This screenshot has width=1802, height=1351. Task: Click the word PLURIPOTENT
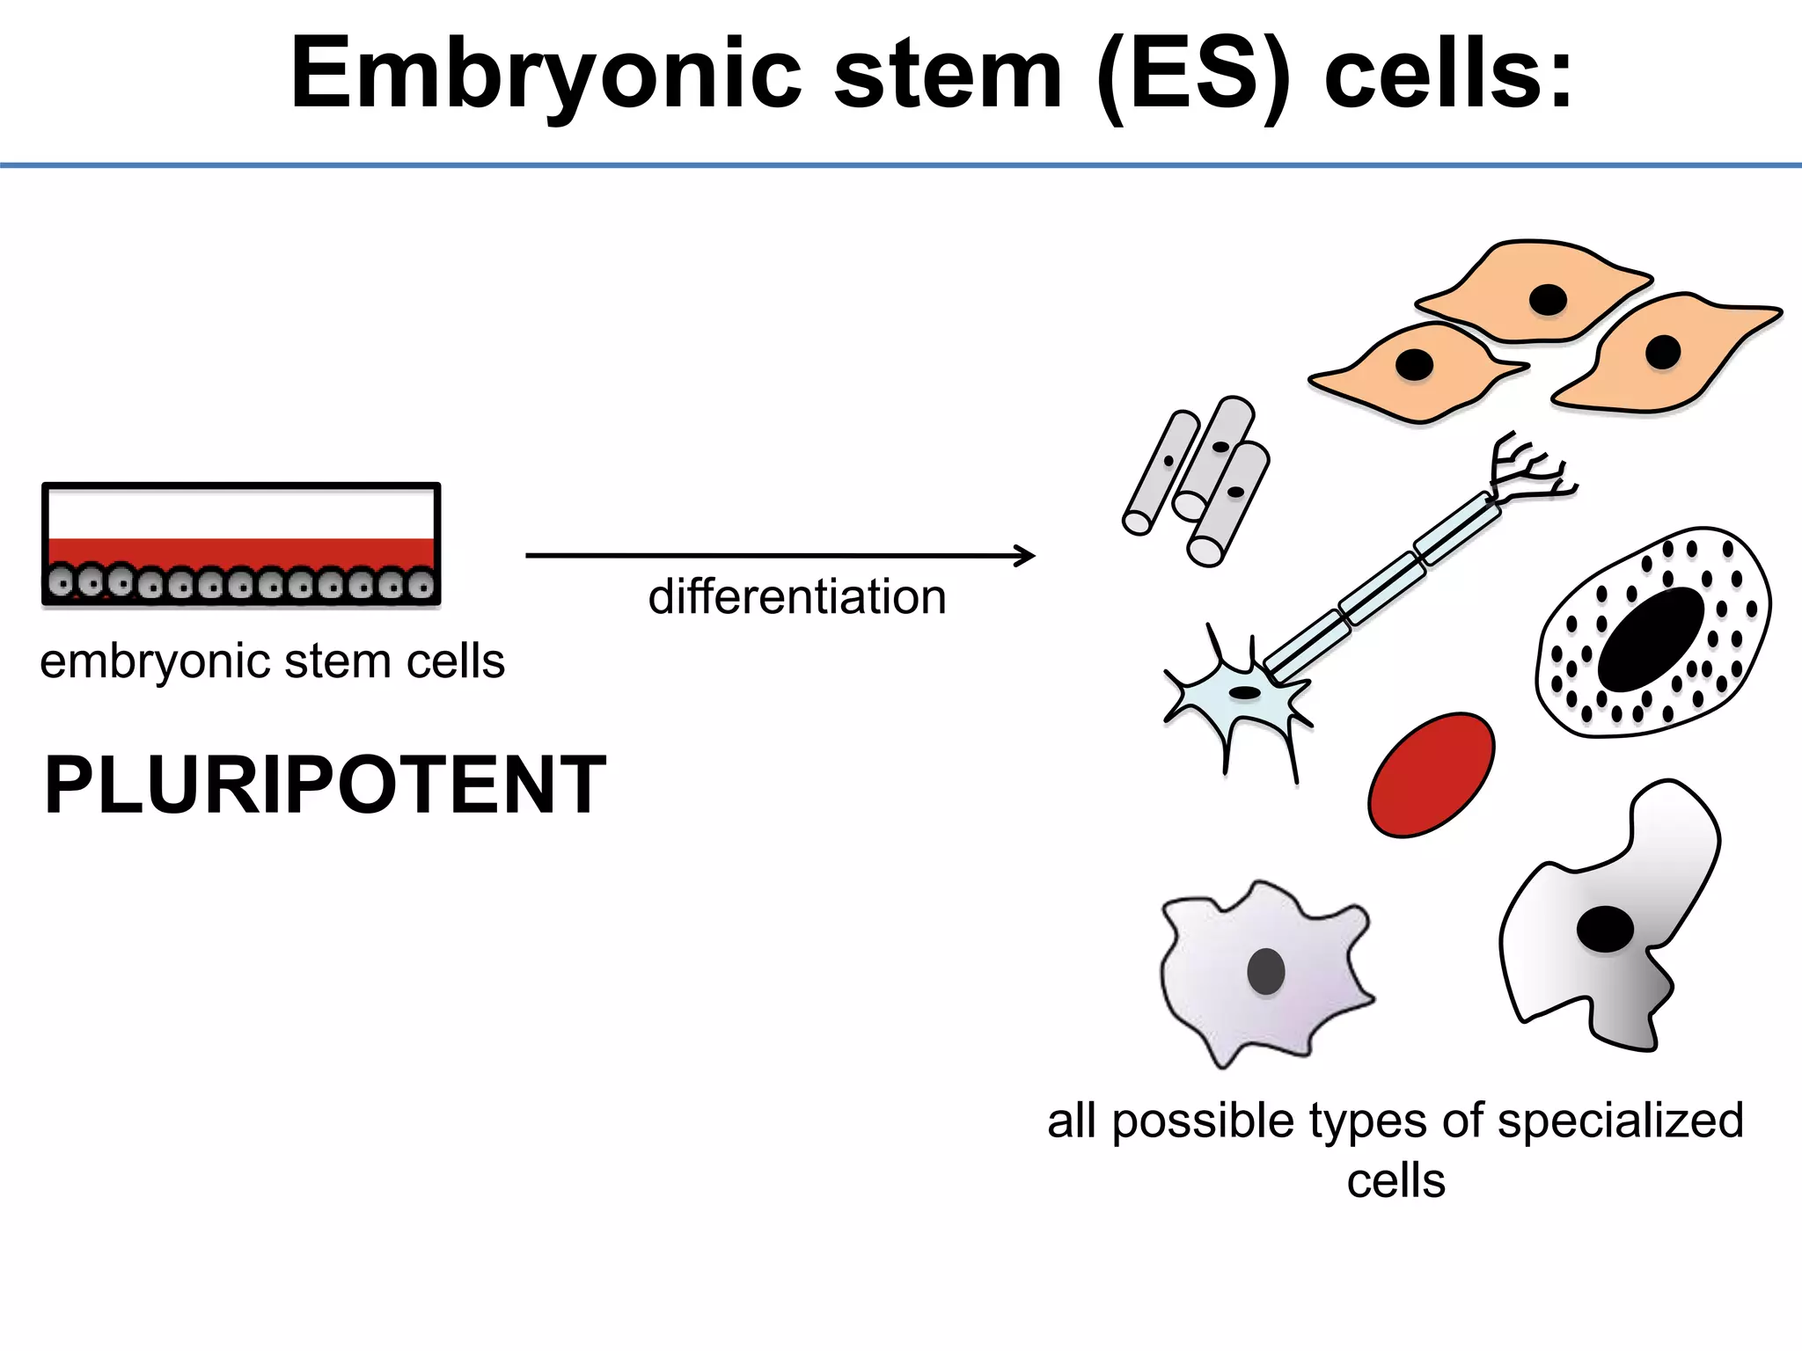click(x=325, y=785)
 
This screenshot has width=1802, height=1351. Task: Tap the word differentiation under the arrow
click(x=797, y=597)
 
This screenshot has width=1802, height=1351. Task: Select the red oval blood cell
click(x=1431, y=775)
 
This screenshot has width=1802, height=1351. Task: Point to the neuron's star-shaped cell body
click(x=1241, y=695)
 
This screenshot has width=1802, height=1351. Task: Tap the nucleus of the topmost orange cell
click(x=1548, y=300)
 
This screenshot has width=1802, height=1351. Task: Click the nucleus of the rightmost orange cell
click(x=1663, y=353)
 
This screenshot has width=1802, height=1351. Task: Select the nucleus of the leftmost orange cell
click(x=1415, y=364)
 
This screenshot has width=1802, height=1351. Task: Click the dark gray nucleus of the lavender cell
click(x=1266, y=972)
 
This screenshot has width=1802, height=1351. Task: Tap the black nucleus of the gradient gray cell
click(x=1605, y=929)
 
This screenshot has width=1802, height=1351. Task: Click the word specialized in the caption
click(x=1620, y=1121)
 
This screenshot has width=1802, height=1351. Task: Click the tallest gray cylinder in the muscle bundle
click(x=1215, y=457)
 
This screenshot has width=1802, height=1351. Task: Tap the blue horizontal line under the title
click(x=901, y=164)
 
